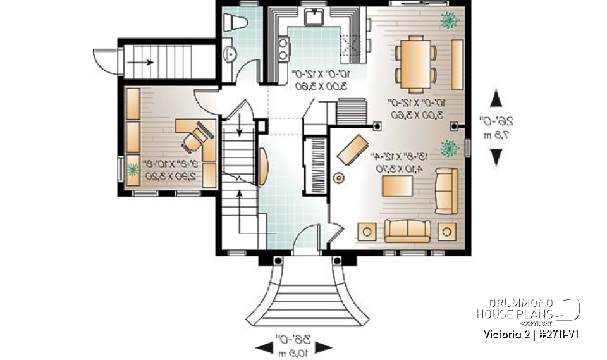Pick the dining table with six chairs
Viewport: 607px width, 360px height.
click(x=415, y=62)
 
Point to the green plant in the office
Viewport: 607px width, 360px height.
click(x=133, y=170)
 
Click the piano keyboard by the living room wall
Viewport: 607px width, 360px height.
click(x=314, y=166)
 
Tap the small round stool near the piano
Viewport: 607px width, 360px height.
click(x=339, y=179)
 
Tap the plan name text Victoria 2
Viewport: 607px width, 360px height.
click(x=504, y=333)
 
